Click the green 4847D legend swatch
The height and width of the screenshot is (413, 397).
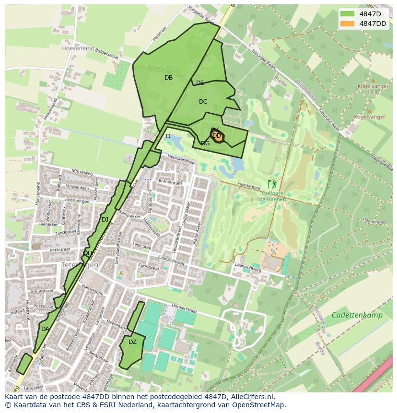(x=348, y=14)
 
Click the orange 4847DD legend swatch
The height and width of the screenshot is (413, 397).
(x=348, y=24)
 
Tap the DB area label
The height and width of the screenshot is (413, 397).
(x=168, y=78)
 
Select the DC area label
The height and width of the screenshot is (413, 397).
(x=203, y=102)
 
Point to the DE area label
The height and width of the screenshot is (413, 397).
(x=200, y=83)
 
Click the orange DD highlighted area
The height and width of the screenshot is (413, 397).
(x=217, y=136)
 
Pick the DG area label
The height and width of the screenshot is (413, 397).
(x=205, y=143)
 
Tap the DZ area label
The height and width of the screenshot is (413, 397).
(x=132, y=342)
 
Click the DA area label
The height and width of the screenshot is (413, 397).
(x=45, y=329)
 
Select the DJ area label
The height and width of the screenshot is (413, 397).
(x=105, y=220)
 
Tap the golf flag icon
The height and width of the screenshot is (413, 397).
(x=273, y=184)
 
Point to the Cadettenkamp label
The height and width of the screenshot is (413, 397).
(x=357, y=315)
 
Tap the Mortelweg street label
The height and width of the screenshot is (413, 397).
(x=82, y=172)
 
